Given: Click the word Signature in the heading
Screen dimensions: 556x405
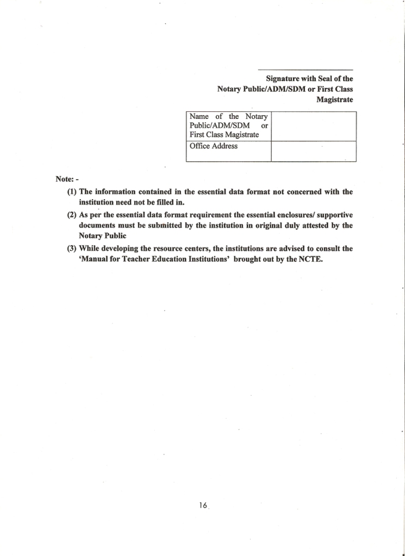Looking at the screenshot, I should click(283, 79).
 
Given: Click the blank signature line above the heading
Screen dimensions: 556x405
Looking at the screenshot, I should click(306, 70).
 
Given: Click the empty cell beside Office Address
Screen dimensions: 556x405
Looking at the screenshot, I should click(313, 151).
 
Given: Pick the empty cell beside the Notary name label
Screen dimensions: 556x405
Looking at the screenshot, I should click(313, 127).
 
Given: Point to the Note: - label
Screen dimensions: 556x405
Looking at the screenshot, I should click(67, 179).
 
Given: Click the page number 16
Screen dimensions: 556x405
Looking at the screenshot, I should click(203, 505).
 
